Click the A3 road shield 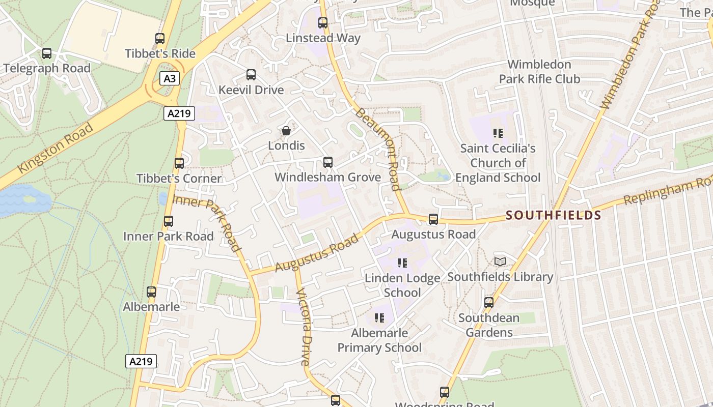[x=170, y=78]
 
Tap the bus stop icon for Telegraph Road [x=47, y=53]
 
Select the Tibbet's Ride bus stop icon [x=160, y=39]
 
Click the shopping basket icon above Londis [x=286, y=131]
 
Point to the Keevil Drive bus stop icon [x=251, y=75]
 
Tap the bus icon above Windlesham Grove [x=328, y=162]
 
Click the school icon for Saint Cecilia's [x=498, y=134]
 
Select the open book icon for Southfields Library [x=500, y=261]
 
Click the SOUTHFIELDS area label [x=554, y=215]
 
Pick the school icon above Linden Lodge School [x=402, y=263]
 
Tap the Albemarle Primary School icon [x=379, y=318]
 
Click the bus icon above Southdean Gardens [x=489, y=303]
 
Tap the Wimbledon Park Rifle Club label [x=539, y=72]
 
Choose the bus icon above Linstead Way [x=323, y=23]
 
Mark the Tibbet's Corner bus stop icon [x=179, y=163]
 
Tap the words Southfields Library [x=500, y=277]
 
